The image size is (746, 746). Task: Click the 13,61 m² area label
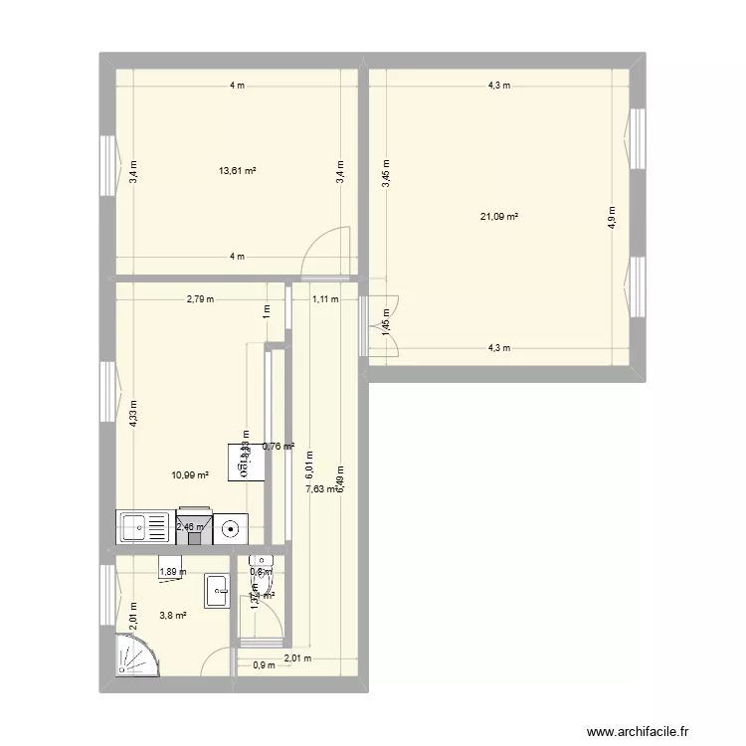coord(238,171)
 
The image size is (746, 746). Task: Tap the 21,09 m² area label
coord(500,218)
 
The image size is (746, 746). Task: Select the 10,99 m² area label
coord(190,475)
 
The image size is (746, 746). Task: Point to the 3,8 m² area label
coord(173,616)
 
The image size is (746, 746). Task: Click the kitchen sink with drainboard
coord(144,526)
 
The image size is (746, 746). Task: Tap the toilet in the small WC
coord(260,565)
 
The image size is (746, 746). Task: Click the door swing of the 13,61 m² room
coord(327,249)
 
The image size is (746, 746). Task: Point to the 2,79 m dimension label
coord(200,298)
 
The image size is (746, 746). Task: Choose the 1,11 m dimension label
coord(325,298)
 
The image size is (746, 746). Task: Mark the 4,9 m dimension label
coord(612,217)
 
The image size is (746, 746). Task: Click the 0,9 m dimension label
coord(264,666)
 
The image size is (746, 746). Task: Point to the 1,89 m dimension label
coord(172,572)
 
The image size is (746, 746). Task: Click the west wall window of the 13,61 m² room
coord(106,163)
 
